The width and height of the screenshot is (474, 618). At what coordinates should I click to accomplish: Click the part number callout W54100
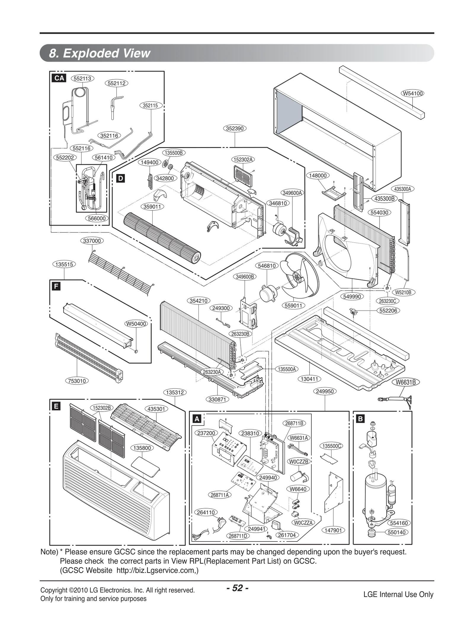coord(413,93)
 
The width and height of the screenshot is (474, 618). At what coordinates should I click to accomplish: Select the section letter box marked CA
coord(59,78)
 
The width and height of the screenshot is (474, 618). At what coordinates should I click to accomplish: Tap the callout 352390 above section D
coord(235,128)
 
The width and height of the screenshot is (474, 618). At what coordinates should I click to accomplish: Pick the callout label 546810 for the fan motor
coord(267,266)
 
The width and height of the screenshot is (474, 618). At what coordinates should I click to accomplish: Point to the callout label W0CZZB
coord(299,462)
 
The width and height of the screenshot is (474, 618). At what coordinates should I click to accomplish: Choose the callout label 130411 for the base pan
coord(309,379)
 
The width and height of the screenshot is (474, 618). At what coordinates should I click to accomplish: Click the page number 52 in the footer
coord(237,587)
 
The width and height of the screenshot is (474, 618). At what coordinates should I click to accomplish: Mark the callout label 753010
coord(77,381)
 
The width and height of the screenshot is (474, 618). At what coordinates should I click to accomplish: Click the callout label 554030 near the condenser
coord(379,213)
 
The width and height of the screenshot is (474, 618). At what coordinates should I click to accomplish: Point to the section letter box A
coord(197,419)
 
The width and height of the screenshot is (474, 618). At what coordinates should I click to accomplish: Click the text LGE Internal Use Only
coord(398,594)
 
